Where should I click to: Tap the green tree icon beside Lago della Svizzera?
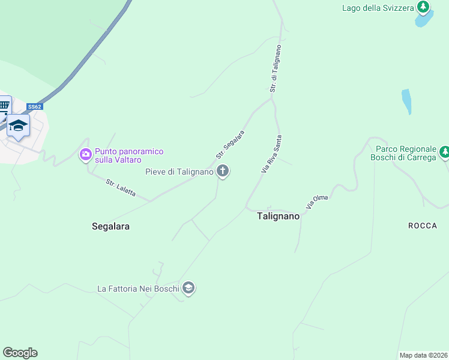[x=424, y=7]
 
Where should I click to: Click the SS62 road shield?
[x=35, y=107]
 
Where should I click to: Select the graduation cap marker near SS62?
[x=18, y=125]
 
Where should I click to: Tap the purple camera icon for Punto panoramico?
[x=86, y=155]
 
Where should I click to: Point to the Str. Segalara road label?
[x=231, y=144]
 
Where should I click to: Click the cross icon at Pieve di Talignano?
[x=223, y=172]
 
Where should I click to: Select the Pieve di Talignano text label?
[x=179, y=172]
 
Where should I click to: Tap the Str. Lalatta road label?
[x=121, y=188]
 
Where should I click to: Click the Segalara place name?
[x=110, y=226]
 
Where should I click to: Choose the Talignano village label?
[x=278, y=216]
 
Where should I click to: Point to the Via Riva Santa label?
[x=271, y=154]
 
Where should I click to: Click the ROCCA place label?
[x=423, y=226]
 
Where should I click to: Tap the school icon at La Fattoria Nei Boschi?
[x=188, y=288]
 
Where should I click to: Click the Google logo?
[x=20, y=353]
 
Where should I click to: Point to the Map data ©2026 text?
[x=424, y=355]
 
